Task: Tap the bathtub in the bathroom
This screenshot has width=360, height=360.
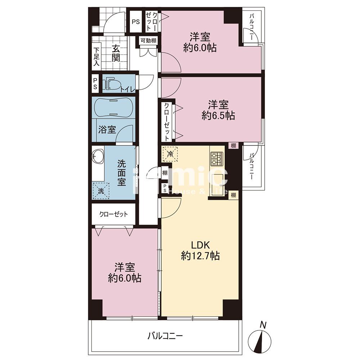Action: pyautogui.click(x=114, y=108)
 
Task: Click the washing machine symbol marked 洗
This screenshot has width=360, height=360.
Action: pyautogui.click(x=101, y=190)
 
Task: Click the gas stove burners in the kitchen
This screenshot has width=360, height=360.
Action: pyautogui.click(x=216, y=158)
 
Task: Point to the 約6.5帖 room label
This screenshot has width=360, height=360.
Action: pyautogui.click(x=218, y=110)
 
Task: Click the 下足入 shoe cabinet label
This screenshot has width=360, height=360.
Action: pyautogui.click(x=96, y=57)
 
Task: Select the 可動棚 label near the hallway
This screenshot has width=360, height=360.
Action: pyautogui.click(x=148, y=41)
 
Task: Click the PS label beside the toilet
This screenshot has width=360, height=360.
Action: pyautogui.click(x=95, y=84)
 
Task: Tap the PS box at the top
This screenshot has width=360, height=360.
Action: pyautogui.click(x=136, y=22)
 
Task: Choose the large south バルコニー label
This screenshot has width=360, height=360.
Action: pyautogui.click(x=165, y=336)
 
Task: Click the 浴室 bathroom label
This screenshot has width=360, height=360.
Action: pyautogui.click(x=107, y=130)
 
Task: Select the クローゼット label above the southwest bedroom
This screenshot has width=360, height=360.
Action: pyautogui.click(x=113, y=214)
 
